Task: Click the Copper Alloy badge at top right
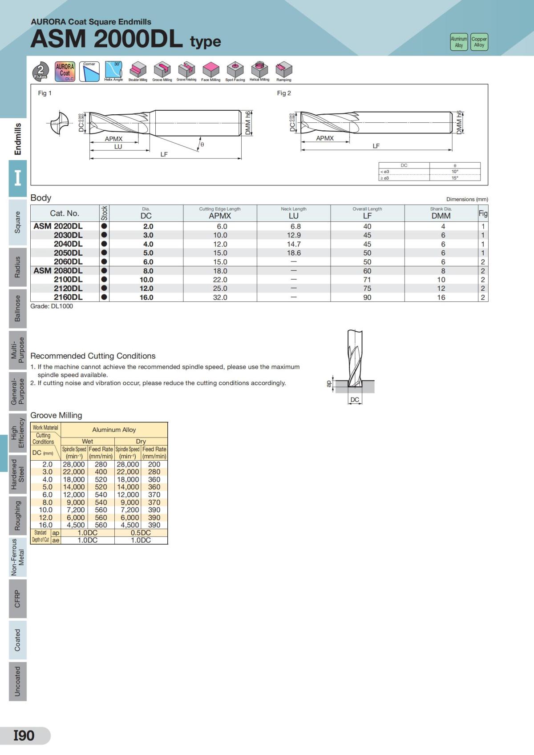[479, 42]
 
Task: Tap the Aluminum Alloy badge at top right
[459, 42]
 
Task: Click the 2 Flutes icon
[41, 71]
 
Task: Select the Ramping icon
[283, 71]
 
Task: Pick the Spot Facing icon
[235, 71]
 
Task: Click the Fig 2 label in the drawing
[284, 93]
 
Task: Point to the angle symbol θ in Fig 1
[202, 145]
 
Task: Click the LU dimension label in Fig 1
[118, 147]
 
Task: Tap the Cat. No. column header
[65, 213]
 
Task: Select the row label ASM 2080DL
[58, 270]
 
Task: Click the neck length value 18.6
[294, 253]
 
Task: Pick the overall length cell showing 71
[367, 280]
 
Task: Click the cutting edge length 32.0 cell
[220, 297]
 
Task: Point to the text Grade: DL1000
[52, 306]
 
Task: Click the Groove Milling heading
[56, 415]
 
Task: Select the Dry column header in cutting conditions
[141, 441]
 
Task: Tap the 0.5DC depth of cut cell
[141, 533]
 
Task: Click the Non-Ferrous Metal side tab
[17, 557]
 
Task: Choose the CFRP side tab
[17, 598]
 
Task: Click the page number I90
[24, 735]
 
